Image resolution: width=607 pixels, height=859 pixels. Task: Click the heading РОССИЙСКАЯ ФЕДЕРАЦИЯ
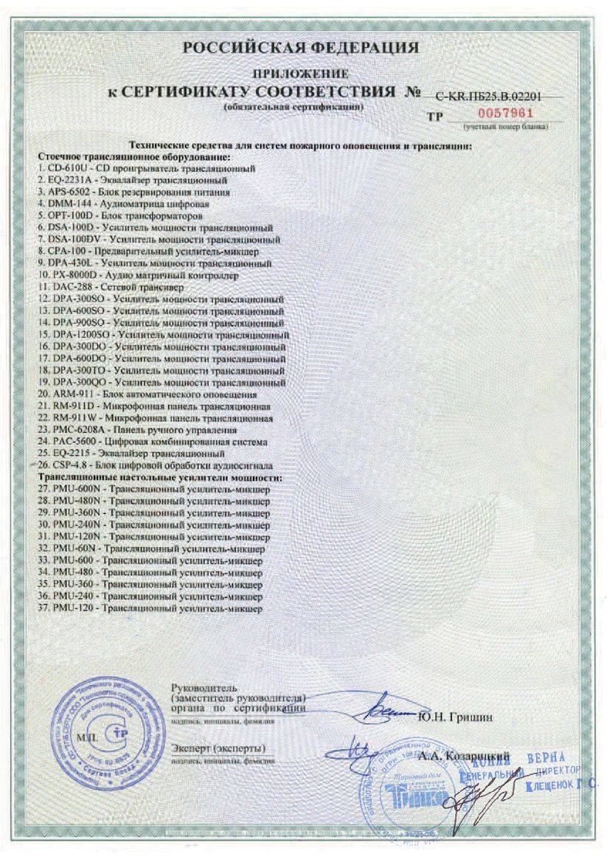[301, 49]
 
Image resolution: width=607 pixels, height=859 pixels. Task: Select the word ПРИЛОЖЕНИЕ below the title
[300, 74]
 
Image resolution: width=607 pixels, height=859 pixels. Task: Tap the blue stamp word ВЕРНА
[546, 759]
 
